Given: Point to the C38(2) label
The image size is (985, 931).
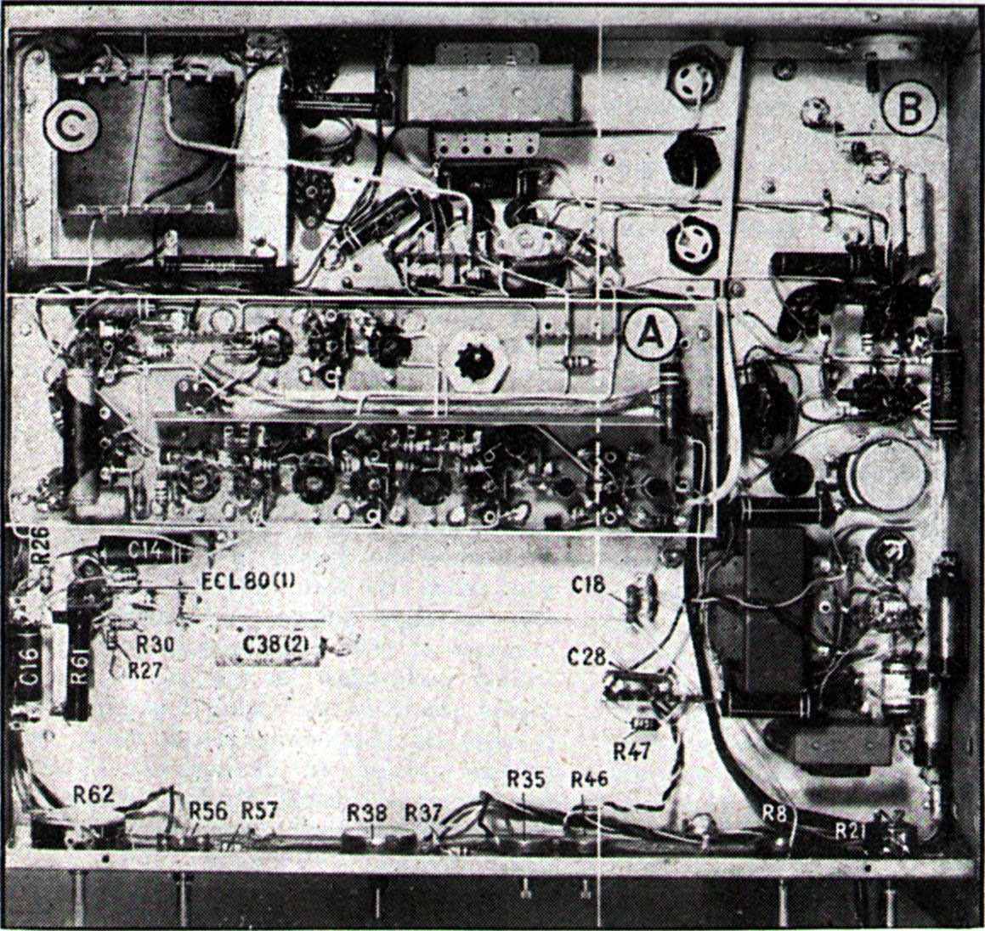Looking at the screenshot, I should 263,643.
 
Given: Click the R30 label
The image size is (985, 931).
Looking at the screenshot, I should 156,646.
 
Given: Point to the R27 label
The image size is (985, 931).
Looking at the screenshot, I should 146,669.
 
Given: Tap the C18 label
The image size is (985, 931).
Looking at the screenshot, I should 588,584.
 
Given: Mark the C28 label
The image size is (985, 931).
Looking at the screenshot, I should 586,657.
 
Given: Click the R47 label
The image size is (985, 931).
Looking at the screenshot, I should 631,751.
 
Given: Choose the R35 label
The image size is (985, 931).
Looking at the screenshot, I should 525,779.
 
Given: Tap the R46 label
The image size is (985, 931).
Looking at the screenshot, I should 589,779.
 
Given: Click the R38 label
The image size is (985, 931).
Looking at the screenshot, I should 365,813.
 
